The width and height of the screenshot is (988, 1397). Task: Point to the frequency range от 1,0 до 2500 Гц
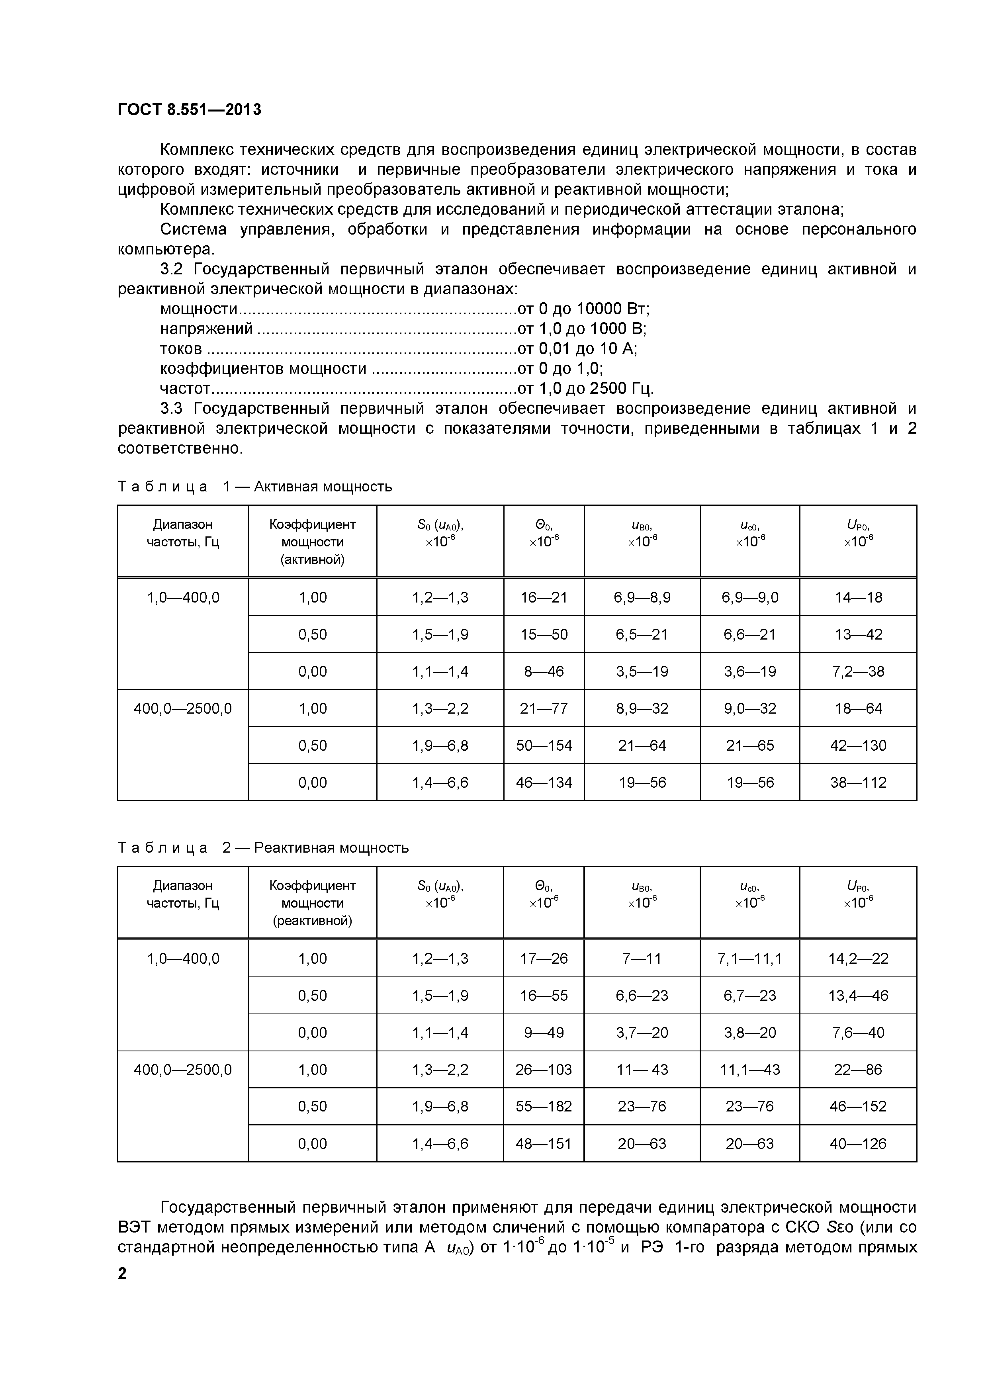pyautogui.click(x=585, y=388)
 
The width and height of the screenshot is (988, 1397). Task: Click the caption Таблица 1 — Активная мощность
pyautogui.click(x=254, y=487)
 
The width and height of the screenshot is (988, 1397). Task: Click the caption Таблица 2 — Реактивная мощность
pyautogui.click(x=263, y=847)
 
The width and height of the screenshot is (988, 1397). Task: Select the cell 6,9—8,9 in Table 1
pyautogui.click(x=642, y=597)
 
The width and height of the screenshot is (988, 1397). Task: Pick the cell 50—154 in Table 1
pyautogui.click(x=544, y=745)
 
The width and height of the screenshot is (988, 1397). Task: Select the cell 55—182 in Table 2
pyautogui.click(x=544, y=1106)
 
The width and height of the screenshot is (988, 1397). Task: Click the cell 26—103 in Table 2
pyautogui.click(x=544, y=1070)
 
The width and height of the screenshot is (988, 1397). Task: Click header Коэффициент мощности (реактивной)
pyautogui.click(x=312, y=903)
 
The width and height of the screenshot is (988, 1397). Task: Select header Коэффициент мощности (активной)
pyautogui.click(x=312, y=542)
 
